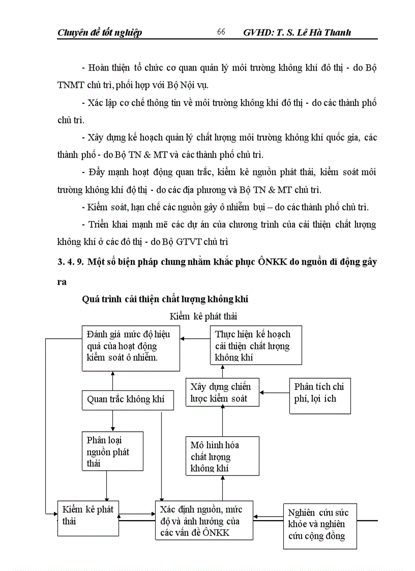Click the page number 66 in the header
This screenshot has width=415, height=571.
tap(221, 32)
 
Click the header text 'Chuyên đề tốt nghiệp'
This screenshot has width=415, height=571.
tap(100, 33)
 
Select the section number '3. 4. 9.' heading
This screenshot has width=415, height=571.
tap(71, 262)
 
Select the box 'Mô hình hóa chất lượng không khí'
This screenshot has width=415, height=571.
tap(222, 456)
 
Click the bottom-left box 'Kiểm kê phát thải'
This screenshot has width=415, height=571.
tap(87, 517)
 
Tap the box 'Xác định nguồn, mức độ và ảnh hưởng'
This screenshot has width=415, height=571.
tap(204, 520)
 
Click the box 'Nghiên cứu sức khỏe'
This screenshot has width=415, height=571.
tap(319, 525)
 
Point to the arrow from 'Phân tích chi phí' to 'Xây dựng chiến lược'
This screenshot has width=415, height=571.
tap(274, 392)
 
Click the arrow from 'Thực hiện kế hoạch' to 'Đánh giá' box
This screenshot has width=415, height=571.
tap(196, 338)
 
